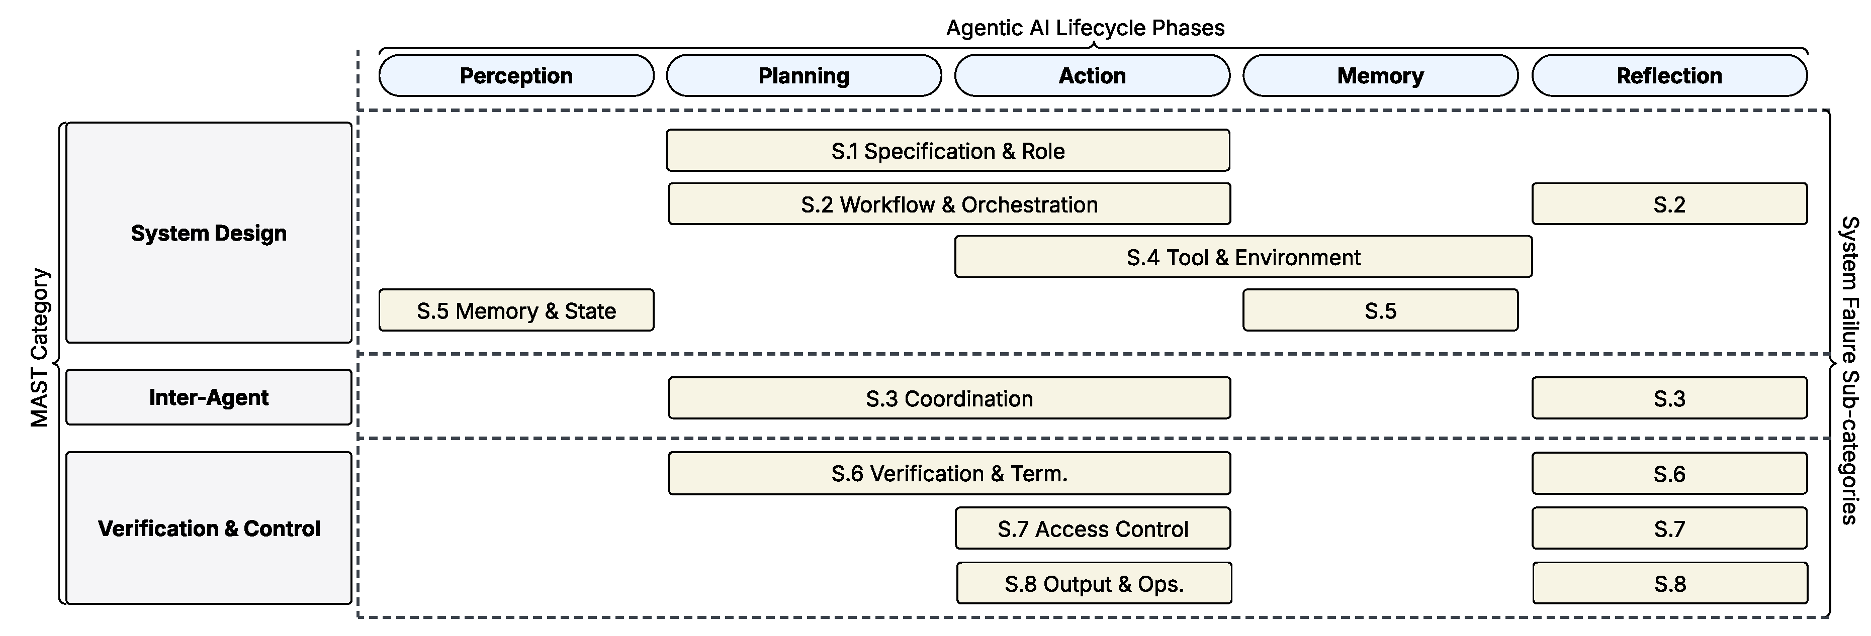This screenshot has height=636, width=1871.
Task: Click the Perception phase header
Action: pyautogui.click(x=516, y=75)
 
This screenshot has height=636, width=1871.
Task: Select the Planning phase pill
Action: pyautogui.click(x=804, y=75)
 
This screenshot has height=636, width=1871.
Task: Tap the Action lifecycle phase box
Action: pyautogui.click(x=1093, y=75)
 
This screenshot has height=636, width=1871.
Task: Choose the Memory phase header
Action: pyautogui.click(x=1381, y=75)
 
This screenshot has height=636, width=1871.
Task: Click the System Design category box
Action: pyautogui.click(x=209, y=232)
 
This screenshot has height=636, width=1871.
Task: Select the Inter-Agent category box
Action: pyautogui.click(x=209, y=397)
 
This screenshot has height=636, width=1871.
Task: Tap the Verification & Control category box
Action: pyautogui.click(x=209, y=528)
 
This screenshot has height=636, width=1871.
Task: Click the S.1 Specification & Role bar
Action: pyautogui.click(x=948, y=150)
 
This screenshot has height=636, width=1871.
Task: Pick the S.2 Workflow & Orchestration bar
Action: pyautogui.click(x=949, y=204)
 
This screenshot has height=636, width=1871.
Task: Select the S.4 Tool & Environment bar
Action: pyautogui.click(x=1243, y=257)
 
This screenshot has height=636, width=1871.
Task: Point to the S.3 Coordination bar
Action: pyautogui.click(x=949, y=398)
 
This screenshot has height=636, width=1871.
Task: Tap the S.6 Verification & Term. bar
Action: pyautogui.click(x=949, y=473)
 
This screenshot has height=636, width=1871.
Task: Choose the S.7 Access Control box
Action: pyautogui.click(x=1093, y=528)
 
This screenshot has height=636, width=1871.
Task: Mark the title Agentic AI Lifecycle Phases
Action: pyautogui.click(x=1085, y=28)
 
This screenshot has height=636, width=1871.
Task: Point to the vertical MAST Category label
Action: pyautogui.click(x=39, y=347)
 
